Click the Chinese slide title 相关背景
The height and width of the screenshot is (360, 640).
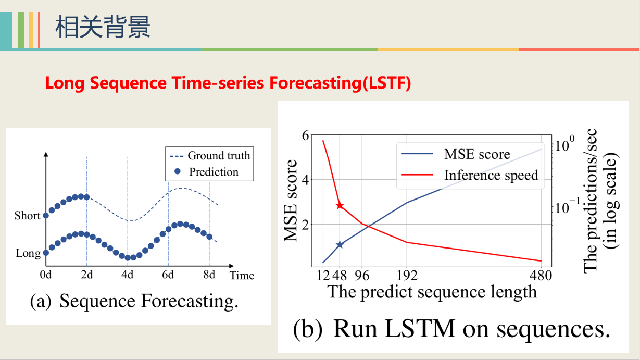[x=103, y=27]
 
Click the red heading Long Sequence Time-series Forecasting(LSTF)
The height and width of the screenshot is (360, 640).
[x=228, y=83]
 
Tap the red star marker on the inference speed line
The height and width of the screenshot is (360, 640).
[x=340, y=205]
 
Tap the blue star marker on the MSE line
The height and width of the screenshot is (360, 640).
[x=340, y=244]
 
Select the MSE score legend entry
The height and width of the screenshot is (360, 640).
[x=476, y=154]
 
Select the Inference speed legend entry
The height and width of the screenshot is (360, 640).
[x=490, y=175]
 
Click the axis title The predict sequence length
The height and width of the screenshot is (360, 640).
[x=432, y=291]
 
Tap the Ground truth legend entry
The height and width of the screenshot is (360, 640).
[x=218, y=155]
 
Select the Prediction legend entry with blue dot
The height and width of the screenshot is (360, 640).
[x=213, y=172]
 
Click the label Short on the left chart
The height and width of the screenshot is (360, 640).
[x=27, y=216]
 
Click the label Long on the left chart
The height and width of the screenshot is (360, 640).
[x=28, y=253]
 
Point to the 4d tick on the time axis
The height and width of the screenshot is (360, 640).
[x=128, y=275]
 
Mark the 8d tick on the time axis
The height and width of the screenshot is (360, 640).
[x=209, y=275]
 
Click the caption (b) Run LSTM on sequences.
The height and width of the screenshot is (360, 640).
[x=451, y=329]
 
